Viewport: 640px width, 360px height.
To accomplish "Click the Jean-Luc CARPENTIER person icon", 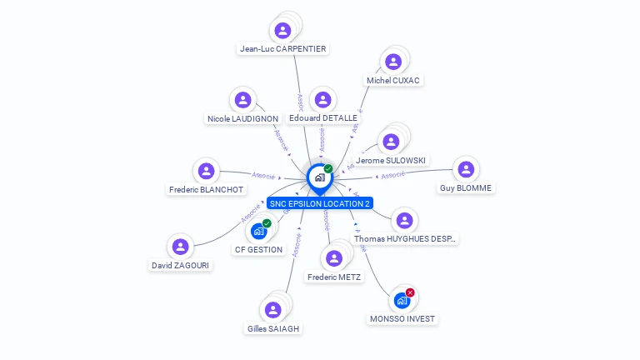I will [282, 31].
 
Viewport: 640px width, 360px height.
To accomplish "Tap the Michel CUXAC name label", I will [393, 81].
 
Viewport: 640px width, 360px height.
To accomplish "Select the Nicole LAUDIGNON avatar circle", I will [242, 100].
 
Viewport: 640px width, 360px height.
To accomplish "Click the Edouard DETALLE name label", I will [322, 118].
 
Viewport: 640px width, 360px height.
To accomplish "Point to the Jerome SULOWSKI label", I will [391, 160].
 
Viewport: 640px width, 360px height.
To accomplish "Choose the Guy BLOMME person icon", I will [465, 170].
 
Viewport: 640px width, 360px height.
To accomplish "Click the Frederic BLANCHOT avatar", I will [206, 171].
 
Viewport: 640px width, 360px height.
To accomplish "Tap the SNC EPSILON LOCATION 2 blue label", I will [320, 203].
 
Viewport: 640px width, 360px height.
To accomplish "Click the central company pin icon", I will [319, 177].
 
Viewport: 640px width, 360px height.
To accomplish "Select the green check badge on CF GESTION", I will [267, 222].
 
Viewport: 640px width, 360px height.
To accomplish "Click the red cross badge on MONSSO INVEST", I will [410, 292].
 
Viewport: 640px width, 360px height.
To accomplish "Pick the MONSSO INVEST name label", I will [402, 319].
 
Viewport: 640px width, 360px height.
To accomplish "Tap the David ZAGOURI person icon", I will [180, 247].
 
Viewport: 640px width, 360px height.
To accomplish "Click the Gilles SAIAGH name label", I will [272, 328].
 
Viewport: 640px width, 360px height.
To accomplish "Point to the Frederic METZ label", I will [334, 277].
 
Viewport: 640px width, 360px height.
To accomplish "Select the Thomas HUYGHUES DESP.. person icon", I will [404, 221].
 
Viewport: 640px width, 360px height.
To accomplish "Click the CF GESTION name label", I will [258, 249].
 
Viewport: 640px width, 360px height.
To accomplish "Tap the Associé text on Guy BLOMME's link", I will [391, 175].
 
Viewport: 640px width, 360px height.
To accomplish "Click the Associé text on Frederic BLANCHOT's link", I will [263, 176].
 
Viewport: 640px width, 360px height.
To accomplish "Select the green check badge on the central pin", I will [328, 168].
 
